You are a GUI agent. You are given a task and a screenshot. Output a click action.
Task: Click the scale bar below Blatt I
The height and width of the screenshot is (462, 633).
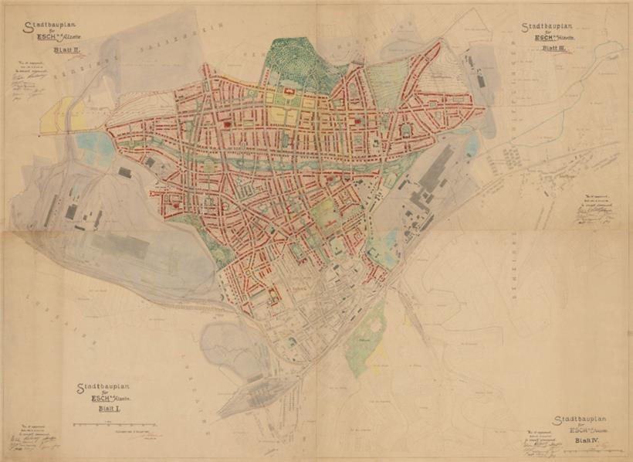pyautogui.click(x=115, y=424)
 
